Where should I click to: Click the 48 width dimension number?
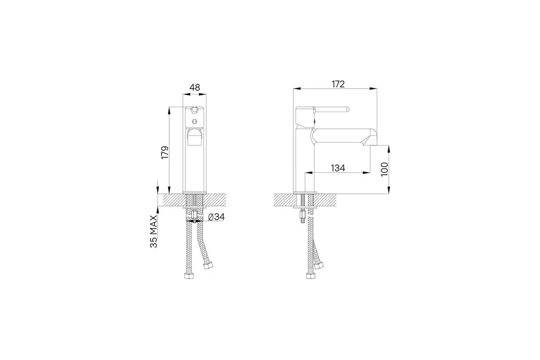pos(194,87)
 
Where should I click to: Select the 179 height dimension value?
pos(165,152)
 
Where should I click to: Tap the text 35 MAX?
pos(154,231)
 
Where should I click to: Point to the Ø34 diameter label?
pos(216,217)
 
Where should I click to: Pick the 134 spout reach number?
pos(337,168)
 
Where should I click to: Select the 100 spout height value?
pos(384,169)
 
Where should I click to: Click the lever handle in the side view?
pos(333,109)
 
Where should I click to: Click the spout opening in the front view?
pos(195,137)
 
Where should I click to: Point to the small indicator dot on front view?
pos(194,121)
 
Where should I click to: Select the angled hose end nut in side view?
pos(319,265)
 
